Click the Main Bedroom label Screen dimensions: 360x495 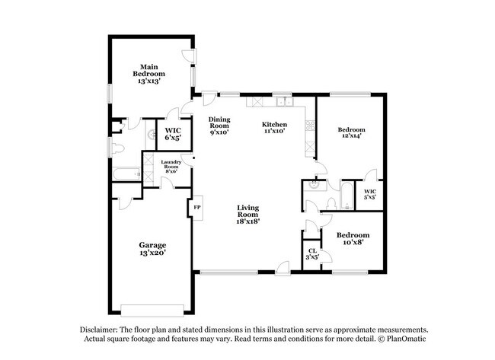point(149,73)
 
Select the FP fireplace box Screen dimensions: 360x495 point(196,207)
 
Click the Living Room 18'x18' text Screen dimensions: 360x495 point(248,214)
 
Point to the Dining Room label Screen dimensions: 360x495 point(219,125)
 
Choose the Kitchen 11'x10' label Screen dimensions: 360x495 point(273,127)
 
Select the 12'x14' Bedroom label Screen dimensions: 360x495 point(351,134)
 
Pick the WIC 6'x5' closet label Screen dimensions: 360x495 point(173,134)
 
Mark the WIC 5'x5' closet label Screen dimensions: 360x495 point(369,195)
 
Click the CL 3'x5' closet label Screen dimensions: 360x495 point(312,254)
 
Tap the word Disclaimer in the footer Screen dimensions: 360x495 point(101,330)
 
